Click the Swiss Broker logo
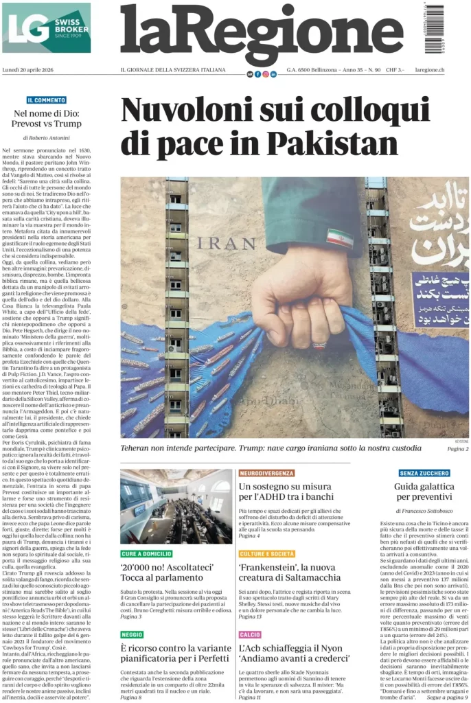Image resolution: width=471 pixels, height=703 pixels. [46, 28]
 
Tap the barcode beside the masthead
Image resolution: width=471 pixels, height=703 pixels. [434, 28]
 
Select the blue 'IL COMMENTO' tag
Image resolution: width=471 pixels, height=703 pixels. [47, 100]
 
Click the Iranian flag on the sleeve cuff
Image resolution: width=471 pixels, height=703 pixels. [340, 239]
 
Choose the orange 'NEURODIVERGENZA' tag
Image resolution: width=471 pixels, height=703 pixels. [266, 473]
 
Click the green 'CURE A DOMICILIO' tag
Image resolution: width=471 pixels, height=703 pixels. [146, 554]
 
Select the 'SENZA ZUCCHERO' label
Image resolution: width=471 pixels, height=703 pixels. [425, 473]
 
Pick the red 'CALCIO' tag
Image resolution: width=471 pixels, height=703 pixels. [250, 635]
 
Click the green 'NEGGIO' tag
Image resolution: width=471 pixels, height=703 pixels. [132, 635]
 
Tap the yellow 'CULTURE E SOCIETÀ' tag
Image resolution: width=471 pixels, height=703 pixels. [268, 554]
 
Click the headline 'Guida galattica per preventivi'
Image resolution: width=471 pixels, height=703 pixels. [424, 491]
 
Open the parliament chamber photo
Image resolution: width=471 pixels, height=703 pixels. [176, 507]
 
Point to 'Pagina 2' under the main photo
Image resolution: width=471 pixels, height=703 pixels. [457, 448]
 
